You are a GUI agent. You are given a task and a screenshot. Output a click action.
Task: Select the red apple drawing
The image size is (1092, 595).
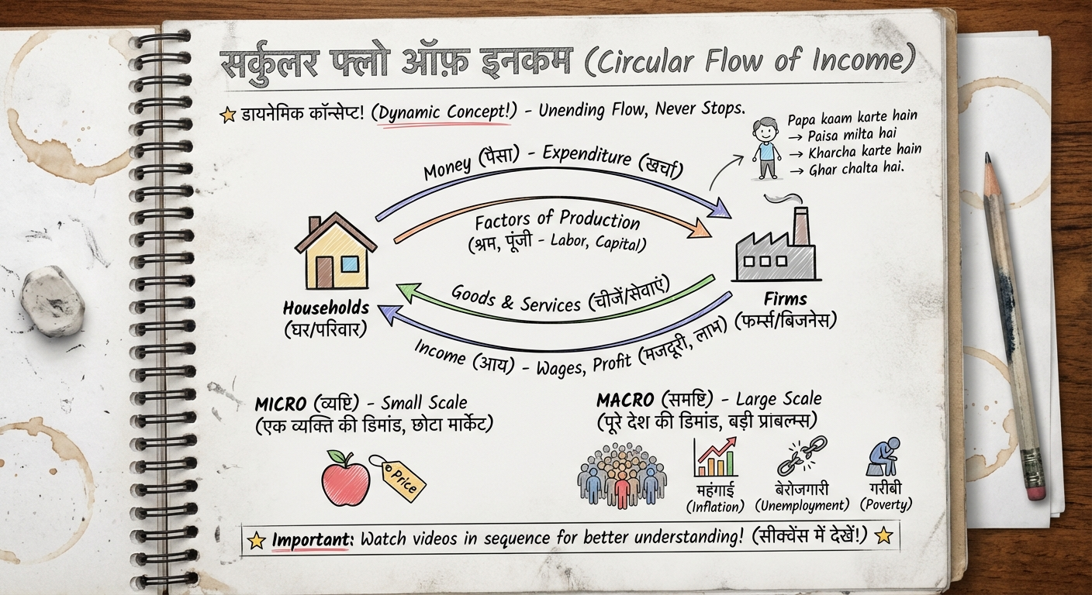click(344, 478)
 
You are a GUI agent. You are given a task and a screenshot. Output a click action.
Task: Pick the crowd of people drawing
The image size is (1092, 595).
click(621, 475)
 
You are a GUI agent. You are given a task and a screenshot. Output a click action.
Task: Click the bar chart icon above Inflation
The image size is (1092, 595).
click(715, 458)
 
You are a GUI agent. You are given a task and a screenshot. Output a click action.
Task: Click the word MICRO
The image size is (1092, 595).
click(282, 404)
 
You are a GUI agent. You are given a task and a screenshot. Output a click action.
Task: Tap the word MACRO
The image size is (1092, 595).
click(625, 401)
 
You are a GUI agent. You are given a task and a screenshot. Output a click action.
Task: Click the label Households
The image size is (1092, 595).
click(326, 308)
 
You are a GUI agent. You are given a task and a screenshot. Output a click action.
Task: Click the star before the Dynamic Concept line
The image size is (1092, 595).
click(228, 115)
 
